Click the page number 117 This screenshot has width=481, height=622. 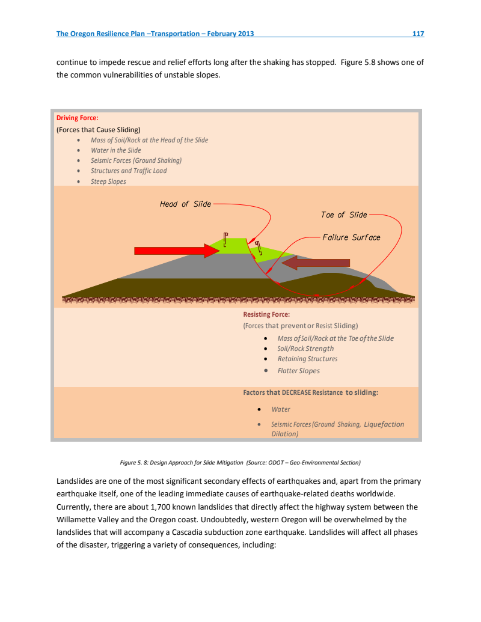[418, 34]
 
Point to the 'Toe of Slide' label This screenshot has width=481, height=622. [344, 215]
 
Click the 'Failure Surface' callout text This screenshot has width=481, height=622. [351, 237]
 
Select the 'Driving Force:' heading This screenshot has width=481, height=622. [77, 118]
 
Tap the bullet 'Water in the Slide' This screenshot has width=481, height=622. [116, 150]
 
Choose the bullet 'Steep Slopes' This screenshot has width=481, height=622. [108, 181]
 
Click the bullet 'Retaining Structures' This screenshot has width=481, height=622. [307, 359]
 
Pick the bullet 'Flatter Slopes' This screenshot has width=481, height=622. [298, 370]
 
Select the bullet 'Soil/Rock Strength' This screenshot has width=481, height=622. [305, 349]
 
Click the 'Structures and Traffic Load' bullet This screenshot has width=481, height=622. [129, 171]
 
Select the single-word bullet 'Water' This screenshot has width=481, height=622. [281, 409]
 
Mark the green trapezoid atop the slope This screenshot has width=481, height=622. [234, 246]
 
